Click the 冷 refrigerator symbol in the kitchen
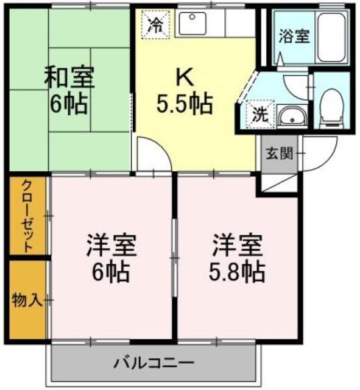pos(156,24)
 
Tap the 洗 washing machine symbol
pos(261,114)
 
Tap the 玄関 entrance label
pos(280,153)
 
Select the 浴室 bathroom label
pos(294,37)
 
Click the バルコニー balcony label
pos(154,363)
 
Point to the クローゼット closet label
pos(27,216)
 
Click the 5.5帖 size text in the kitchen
pos(185,104)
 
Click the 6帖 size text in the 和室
pos(69,104)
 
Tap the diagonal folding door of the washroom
pos(247,87)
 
